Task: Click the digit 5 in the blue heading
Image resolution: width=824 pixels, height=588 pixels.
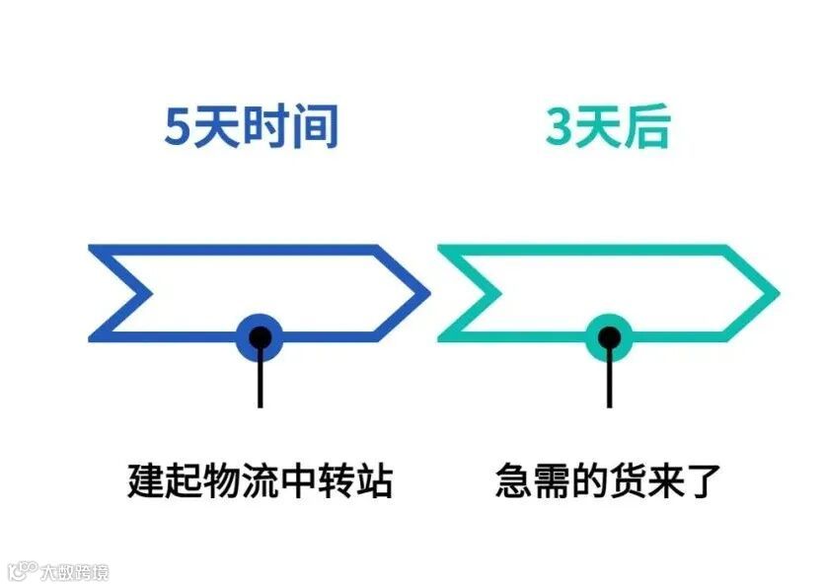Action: click(x=179, y=127)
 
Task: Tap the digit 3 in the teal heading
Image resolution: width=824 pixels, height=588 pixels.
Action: click(x=559, y=127)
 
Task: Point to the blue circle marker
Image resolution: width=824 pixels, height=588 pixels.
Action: click(x=261, y=338)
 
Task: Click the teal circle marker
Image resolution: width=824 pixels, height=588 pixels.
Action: click(x=610, y=338)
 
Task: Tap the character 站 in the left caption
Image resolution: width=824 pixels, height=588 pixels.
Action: click(x=374, y=480)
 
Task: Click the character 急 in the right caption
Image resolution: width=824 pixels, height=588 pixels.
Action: click(x=514, y=480)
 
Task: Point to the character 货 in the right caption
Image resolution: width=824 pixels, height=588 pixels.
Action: click(x=628, y=480)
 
